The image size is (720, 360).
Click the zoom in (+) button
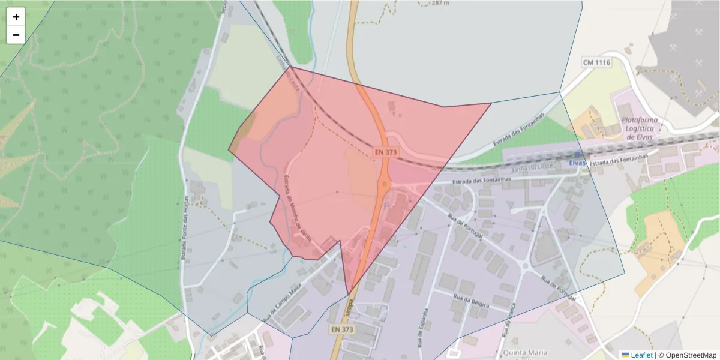pos(16,17)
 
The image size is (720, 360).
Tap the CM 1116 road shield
pos(596,62)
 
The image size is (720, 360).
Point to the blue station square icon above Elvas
pos(577,155)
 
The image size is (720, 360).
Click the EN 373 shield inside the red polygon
pos(386,152)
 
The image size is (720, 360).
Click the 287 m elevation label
pos(440,3)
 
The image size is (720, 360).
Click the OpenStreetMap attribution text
pos(688,355)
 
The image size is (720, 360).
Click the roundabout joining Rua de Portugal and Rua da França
pos(526,265)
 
